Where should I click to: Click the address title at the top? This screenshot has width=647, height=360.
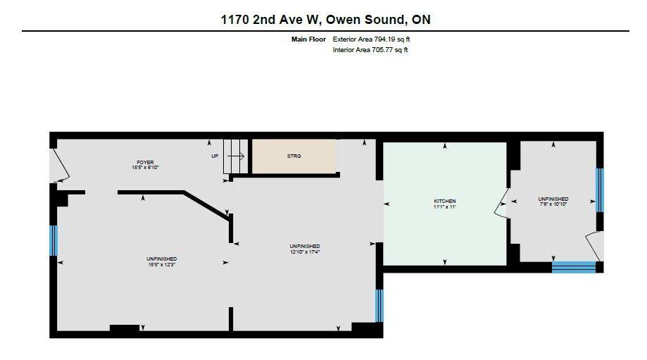pos(325,20)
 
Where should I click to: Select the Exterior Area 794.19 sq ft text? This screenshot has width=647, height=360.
pos(370,39)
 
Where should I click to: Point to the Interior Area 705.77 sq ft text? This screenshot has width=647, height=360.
pos(370,50)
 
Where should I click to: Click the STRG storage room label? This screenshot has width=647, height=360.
pos(294,156)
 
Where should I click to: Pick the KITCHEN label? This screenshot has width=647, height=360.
pos(444,201)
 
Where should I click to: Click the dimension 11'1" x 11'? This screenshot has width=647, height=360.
pos(444,207)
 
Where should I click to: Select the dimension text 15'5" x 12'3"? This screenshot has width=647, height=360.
pos(161,265)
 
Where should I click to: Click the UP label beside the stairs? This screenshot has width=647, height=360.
pos(215,156)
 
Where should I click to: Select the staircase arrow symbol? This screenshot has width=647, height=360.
pos(237,156)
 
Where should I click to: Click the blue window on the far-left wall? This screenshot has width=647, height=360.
pos(53,240)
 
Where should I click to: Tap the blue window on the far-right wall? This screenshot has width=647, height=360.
pos(600,190)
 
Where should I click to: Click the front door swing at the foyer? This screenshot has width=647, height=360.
pos(61,166)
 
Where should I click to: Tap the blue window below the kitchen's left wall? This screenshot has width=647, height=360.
pos(379,304)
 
